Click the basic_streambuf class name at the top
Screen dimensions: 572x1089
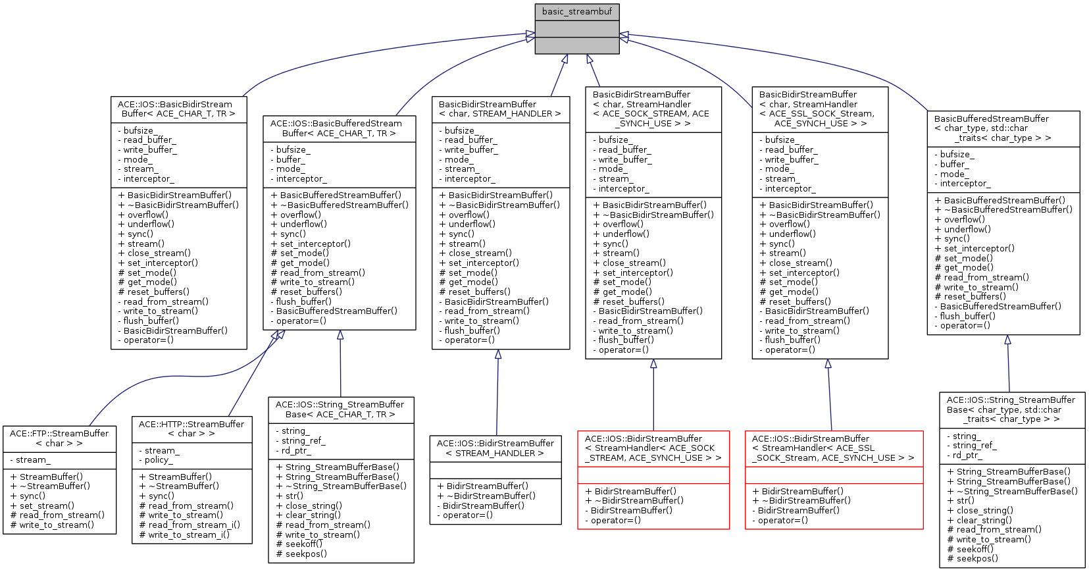[x=577, y=12]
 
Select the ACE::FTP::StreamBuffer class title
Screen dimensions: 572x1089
[x=59, y=438]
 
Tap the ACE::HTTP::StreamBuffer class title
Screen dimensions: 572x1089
[x=191, y=429]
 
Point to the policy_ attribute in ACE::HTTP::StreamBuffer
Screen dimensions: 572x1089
[x=157, y=460]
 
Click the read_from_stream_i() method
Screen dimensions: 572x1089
[x=190, y=525]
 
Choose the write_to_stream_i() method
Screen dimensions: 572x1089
[x=185, y=534]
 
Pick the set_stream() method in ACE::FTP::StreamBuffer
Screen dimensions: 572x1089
[x=43, y=506]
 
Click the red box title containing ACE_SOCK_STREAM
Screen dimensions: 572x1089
[x=653, y=448]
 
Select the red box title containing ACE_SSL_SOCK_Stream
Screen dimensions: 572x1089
[x=833, y=448]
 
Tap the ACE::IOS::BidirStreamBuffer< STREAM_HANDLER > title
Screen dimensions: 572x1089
[x=495, y=448]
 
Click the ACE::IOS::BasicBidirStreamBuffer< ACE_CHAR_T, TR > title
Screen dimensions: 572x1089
[x=178, y=109]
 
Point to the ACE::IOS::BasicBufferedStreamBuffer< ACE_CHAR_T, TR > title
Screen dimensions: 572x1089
[x=339, y=128]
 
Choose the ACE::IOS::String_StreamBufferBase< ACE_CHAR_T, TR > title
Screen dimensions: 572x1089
[x=340, y=409]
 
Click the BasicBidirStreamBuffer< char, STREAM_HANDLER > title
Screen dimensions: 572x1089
[x=500, y=109]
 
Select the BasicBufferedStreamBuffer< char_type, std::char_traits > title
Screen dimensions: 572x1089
[x=1003, y=128]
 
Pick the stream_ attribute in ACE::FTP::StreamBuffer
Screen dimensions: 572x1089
[x=32, y=460]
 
